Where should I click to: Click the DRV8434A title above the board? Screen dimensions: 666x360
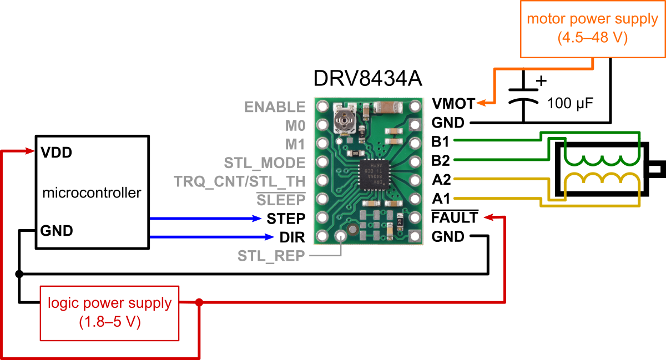tap(368, 78)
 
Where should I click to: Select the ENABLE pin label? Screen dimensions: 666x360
tap(275, 107)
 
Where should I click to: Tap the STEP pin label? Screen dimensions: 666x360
tap(286, 219)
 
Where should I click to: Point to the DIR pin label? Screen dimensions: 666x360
tap(292, 237)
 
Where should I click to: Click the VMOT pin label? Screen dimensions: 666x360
tap(453, 104)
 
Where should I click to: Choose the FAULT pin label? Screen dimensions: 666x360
tap(455, 217)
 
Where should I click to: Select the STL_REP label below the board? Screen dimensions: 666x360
tap(271, 256)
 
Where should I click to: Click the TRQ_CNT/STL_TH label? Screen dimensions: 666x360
tap(240, 181)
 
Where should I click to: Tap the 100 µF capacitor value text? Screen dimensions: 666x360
tap(571, 103)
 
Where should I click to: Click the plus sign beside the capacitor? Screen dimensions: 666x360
tap(541, 80)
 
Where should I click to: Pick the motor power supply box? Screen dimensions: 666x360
tap(593, 29)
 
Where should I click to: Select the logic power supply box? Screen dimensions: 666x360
tap(109, 313)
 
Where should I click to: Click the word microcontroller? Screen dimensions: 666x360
tap(92, 192)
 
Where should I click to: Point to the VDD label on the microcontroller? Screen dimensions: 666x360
tap(57, 153)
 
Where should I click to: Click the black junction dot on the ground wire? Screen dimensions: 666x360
tap(19, 274)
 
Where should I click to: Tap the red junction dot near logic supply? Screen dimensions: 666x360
tap(199, 303)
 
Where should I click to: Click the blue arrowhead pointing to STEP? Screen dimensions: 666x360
tap(256, 219)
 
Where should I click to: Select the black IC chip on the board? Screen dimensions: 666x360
tap(374, 175)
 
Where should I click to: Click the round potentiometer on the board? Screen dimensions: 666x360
tap(344, 120)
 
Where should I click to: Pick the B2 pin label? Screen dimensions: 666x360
tap(441, 160)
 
